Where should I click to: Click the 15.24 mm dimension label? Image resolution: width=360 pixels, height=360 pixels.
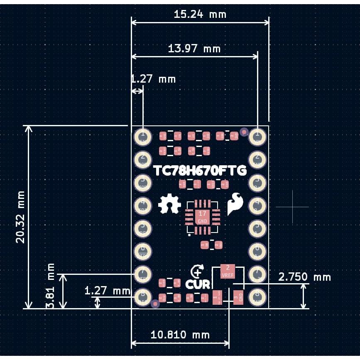click(200, 15)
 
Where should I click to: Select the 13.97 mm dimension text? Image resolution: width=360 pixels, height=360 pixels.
click(194, 49)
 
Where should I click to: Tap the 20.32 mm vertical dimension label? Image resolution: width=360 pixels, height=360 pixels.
click(20, 217)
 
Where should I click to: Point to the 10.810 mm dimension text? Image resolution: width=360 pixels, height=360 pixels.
click(180, 335)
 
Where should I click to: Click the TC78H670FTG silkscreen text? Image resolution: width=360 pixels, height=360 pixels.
click(200, 171)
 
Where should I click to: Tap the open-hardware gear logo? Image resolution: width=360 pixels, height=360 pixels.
click(169, 204)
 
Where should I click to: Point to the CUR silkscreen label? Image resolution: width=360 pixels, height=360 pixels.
click(198, 284)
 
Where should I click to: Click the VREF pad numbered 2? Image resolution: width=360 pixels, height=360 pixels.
click(228, 271)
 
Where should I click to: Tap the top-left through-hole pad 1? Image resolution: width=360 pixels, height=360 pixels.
click(143, 135)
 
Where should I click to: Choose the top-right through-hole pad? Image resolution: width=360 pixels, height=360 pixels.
click(257, 135)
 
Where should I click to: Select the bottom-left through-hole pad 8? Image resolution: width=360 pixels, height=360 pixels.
click(143, 296)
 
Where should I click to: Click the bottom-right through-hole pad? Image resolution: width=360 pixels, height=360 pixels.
click(257, 296)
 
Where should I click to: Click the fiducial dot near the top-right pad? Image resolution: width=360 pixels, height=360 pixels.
click(244, 132)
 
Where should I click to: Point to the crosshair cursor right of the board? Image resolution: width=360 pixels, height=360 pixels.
click(292, 206)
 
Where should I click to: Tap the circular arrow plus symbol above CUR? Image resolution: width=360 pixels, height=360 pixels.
click(197, 272)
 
